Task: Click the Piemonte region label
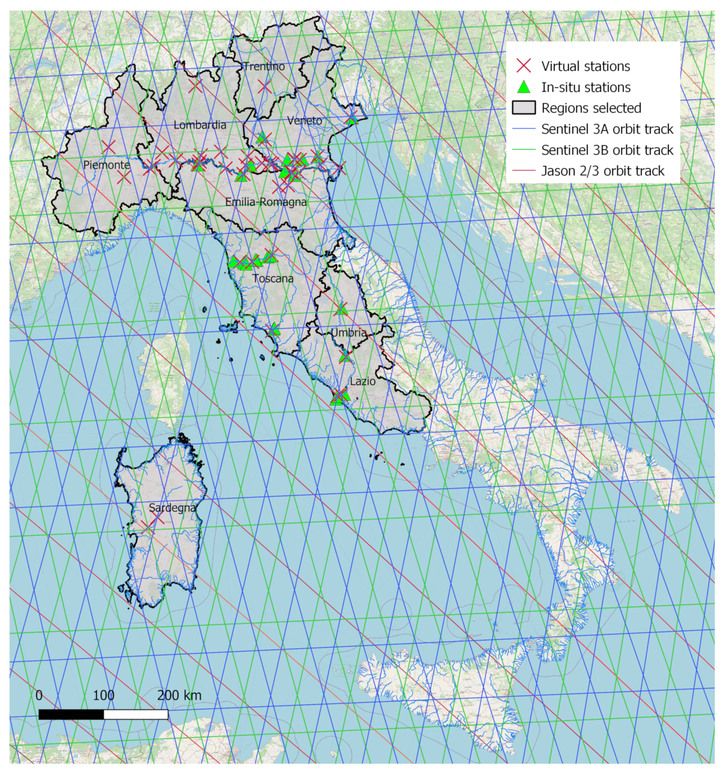click(x=107, y=165)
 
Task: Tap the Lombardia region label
click(x=200, y=125)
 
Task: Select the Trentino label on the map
click(x=264, y=66)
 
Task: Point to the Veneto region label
click(x=305, y=121)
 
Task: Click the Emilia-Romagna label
click(x=266, y=202)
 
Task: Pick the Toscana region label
click(x=273, y=279)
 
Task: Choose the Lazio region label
click(x=363, y=381)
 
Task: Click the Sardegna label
click(x=172, y=508)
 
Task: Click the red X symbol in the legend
click(x=524, y=66)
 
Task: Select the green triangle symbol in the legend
click(x=524, y=87)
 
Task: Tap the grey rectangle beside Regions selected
click(x=524, y=108)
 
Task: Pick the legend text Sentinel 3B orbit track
click(x=607, y=150)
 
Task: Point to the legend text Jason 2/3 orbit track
click(x=603, y=171)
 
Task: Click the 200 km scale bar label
click(x=179, y=695)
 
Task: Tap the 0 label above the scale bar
click(x=39, y=695)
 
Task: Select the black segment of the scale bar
click(x=72, y=715)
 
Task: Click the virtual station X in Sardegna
click(x=148, y=526)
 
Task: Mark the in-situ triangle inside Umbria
click(x=341, y=309)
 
